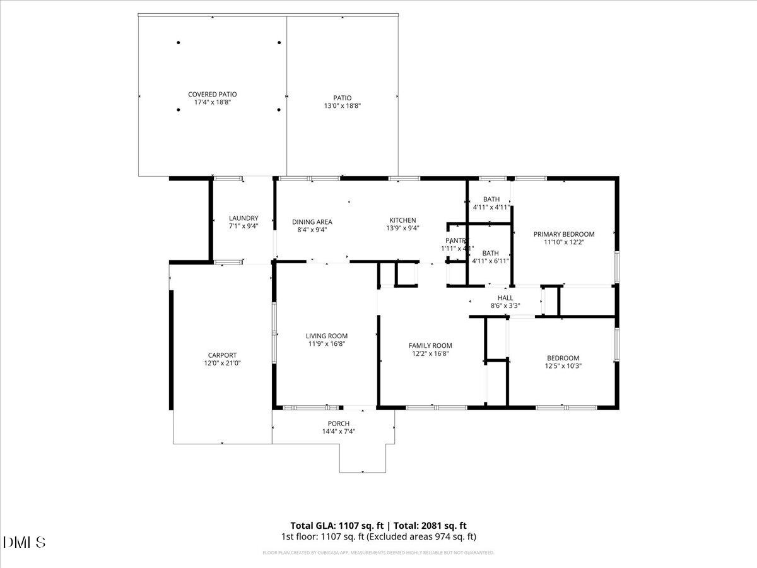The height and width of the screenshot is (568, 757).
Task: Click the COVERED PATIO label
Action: [212, 94]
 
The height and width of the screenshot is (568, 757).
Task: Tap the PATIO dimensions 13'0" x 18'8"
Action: [343, 106]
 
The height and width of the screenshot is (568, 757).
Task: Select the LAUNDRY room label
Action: [243, 218]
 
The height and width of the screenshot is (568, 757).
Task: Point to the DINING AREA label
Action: [312, 222]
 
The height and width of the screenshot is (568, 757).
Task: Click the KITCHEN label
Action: [402, 220]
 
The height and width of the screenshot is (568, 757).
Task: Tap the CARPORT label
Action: [222, 355]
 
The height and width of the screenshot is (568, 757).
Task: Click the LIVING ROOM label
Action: [326, 336]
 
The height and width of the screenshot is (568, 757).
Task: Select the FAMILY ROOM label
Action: [430, 345]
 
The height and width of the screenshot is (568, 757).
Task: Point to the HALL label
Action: [505, 298]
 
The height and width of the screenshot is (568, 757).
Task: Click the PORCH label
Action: [338, 423]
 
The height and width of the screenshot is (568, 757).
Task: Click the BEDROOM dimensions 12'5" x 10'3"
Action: [562, 366]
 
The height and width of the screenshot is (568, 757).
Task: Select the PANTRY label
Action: [457, 240]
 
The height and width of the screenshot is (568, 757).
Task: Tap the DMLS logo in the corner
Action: [25, 542]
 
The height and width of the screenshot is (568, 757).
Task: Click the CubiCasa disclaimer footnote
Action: [378, 553]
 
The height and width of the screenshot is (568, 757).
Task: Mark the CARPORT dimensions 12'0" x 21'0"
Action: [222, 364]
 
